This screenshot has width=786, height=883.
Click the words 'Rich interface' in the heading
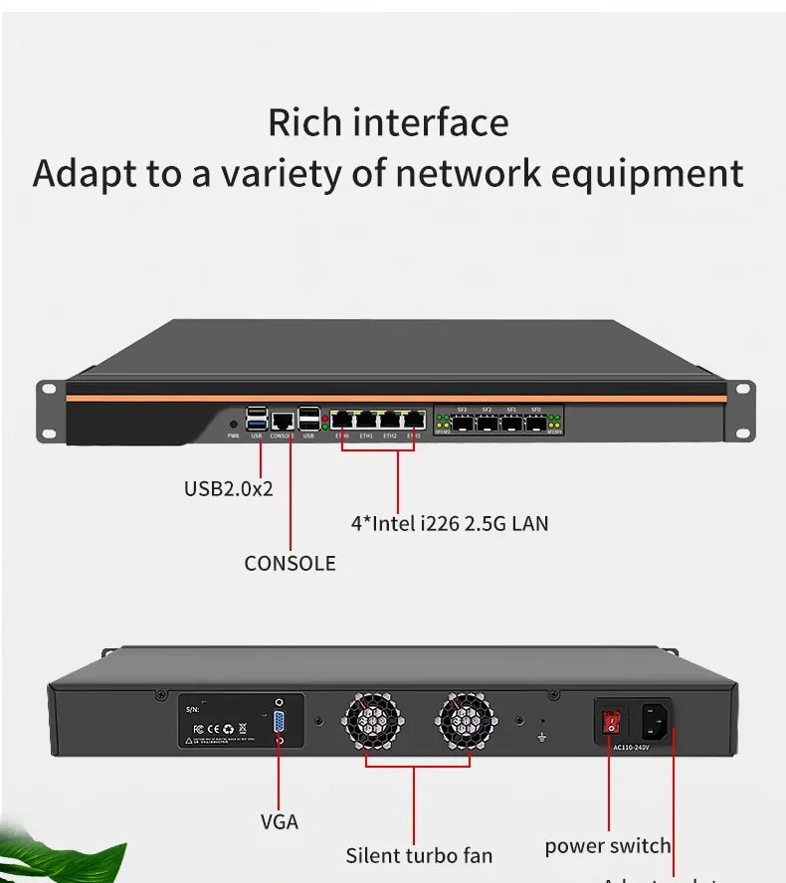(x=388, y=122)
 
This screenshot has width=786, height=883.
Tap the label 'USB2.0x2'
(x=228, y=489)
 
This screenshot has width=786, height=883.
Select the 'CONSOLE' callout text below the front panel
(x=290, y=563)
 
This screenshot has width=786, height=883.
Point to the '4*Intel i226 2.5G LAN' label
(x=450, y=522)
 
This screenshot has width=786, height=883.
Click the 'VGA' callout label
(x=279, y=821)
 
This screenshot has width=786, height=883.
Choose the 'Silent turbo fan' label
(x=419, y=855)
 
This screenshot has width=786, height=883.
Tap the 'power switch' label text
(x=607, y=846)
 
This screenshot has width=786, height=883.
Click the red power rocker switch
(x=612, y=723)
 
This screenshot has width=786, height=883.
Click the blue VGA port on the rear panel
(x=279, y=723)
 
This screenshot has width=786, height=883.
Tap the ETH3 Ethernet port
(x=413, y=419)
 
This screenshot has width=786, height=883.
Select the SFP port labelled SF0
(x=536, y=422)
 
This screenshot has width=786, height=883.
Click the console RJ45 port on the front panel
(x=283, y=421)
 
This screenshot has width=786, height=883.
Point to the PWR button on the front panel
(x=233, y=424)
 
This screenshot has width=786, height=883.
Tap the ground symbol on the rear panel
(x=542, y=737)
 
